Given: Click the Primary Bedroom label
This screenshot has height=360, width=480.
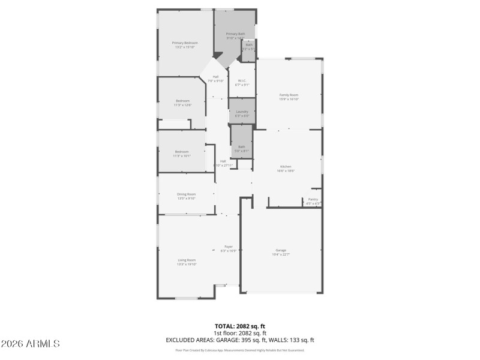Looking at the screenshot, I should click(x=185, y=43).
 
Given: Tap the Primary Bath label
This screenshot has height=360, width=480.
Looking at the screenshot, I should click(x=235, y=34).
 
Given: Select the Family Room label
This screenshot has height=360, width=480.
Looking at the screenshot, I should click(x=289, y=95).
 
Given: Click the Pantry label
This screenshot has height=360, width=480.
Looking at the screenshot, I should click(x=313, y=199).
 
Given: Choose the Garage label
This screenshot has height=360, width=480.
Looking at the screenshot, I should click(x=281, y=250).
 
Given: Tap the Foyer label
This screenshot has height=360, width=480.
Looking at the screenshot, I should click(x=229, y=246).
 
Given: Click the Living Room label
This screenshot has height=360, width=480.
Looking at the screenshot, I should click(x=186, y=260).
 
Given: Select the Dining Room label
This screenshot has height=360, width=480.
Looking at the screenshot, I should click(x=186, y=194).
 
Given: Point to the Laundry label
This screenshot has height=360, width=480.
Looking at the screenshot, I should click(x=242, y=112).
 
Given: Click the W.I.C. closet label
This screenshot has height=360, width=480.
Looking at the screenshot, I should click(x=242, y=80).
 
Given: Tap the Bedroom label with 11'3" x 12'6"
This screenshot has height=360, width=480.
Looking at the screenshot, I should click(x=182, y=100).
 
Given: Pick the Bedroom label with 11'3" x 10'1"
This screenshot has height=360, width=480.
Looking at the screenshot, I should click(x=182, y=151).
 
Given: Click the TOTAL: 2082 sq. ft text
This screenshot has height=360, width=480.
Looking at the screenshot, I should click(x=240, y=326).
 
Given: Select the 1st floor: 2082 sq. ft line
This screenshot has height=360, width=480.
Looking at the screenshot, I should click(x=240, y=333).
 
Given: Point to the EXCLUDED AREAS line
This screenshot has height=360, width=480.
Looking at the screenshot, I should click(x=240, y=340).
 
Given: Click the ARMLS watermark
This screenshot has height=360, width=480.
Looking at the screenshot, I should click(x=30, y=344).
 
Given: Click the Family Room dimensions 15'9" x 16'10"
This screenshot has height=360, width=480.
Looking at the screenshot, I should click(x=289, y=99).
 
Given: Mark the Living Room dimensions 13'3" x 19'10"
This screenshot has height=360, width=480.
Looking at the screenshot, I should click(x=186, y=264).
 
